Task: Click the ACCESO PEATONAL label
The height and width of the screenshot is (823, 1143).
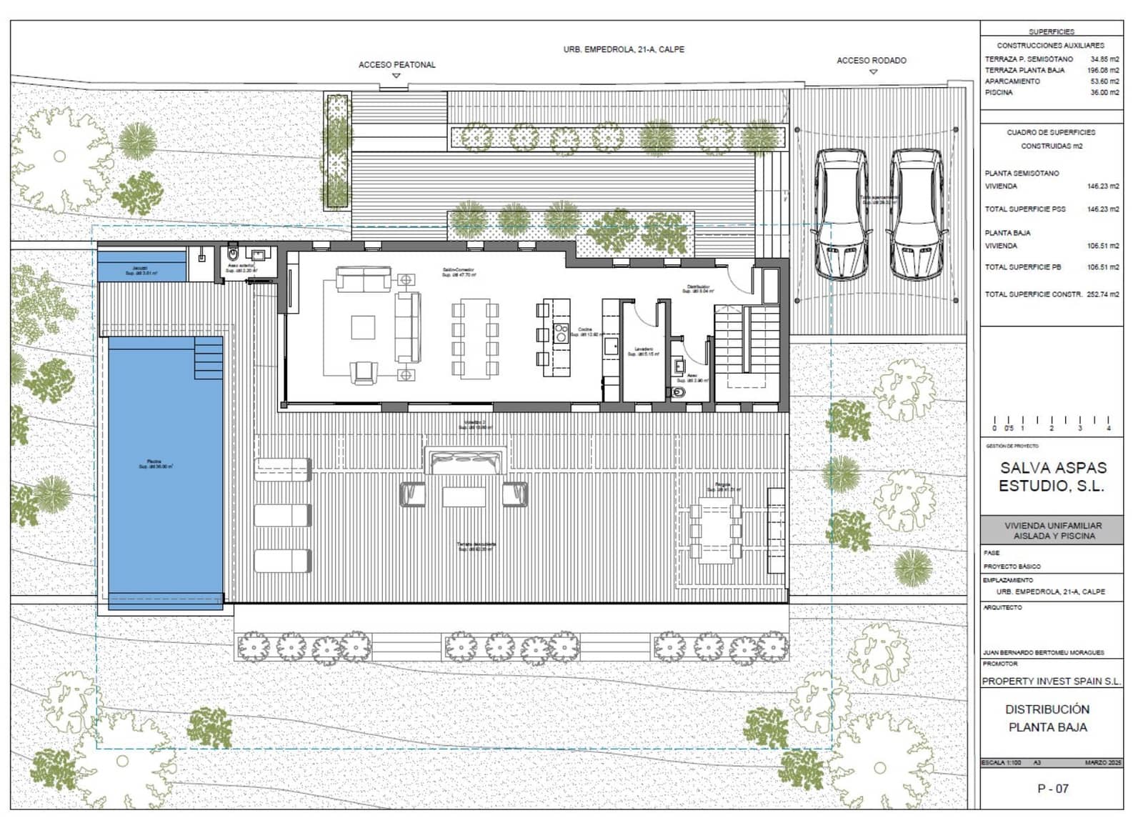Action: click(x=396, y=65)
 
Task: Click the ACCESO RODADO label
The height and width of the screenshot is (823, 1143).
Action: click(x=871, y=61)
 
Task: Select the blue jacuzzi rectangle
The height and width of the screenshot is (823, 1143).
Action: click(x=141, y=266)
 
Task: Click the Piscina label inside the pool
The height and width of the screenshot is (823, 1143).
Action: click(x=154, y=463)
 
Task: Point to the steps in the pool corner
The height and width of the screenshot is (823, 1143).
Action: click(x=209, y=357)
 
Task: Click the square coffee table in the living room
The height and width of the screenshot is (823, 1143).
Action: click(x=363, y=327)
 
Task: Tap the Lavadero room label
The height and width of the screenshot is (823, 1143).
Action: click(x=644, y=350)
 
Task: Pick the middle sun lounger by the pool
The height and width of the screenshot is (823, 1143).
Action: click(x=283, y=515)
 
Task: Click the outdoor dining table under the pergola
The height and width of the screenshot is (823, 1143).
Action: click(x=715, y=531)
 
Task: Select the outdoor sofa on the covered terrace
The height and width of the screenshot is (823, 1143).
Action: click(x=466, y=461)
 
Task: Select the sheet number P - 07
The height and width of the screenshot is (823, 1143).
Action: click(x=1052, y=789)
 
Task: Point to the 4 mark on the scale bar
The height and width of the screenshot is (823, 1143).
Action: click(x=1108, y=428)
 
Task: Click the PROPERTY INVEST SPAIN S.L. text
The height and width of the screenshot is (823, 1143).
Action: click(x=1051, y=682)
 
